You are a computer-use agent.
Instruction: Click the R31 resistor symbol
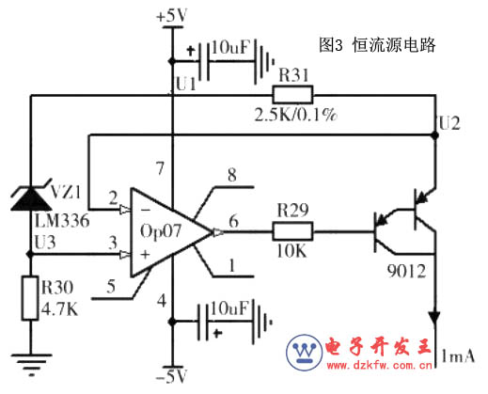click(x=292, y=95)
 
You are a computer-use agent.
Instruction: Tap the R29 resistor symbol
click(x=292, y=231)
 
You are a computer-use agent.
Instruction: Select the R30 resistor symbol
click(x=30, y=298)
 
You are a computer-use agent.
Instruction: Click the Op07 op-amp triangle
click(x=171, y=232)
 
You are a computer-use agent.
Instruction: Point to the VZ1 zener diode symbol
click(x=31, y=197)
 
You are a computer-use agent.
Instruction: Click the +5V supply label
click(x=172, y=16)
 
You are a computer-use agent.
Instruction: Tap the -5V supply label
click(x=171, y=376)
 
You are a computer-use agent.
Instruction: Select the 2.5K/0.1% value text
click(x=295, y=115)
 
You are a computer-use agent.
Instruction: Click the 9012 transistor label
click(x=406, y=271)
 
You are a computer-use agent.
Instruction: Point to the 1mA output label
click(x=458, y=356)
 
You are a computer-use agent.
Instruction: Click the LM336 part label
click(x=62, y=221)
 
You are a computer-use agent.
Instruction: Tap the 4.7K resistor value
click(x=59, y=309)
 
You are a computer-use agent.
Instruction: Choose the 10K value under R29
click(x=291, y=251)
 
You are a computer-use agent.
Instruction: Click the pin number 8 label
click(x=232, y=175)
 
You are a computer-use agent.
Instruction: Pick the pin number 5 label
click(x=111, y=287)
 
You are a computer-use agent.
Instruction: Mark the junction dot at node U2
click(x=435, y=135)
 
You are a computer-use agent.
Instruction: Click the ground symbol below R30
click(x=31, y=365)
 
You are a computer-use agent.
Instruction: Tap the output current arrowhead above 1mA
click(x=434, y=318)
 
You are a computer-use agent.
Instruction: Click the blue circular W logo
click(x=304, y=353)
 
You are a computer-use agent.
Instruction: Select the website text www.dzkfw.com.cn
click(x=380, y=365)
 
